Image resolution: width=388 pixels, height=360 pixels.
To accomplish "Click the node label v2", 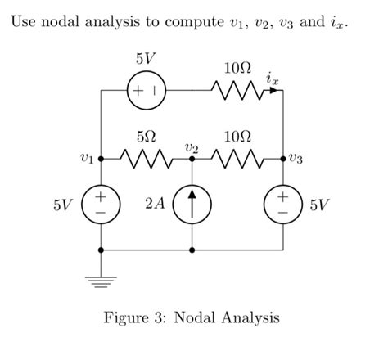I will (192, 145).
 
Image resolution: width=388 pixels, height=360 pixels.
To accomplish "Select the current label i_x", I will (271, 79).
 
